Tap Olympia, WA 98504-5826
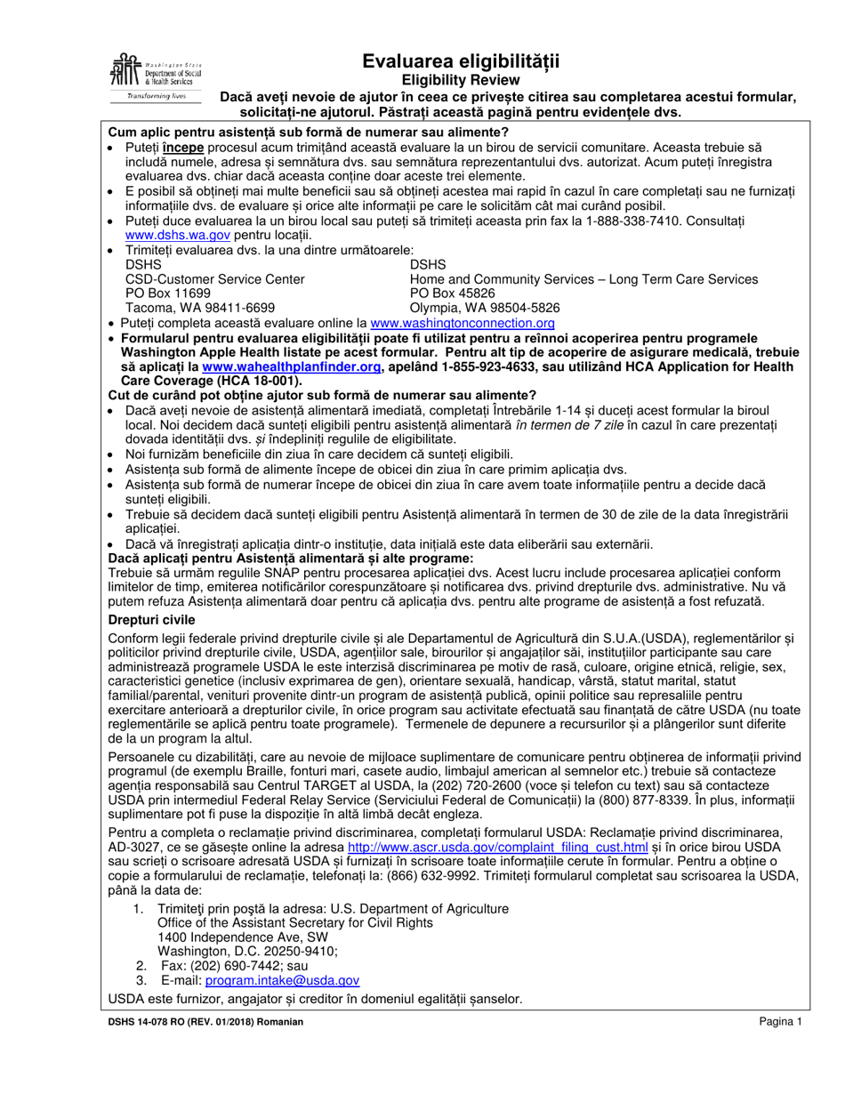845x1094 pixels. click(485, 309)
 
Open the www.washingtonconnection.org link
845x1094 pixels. click(462, 324)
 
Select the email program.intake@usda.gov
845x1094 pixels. click(282, 980)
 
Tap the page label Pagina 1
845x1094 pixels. click(781, 1023)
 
